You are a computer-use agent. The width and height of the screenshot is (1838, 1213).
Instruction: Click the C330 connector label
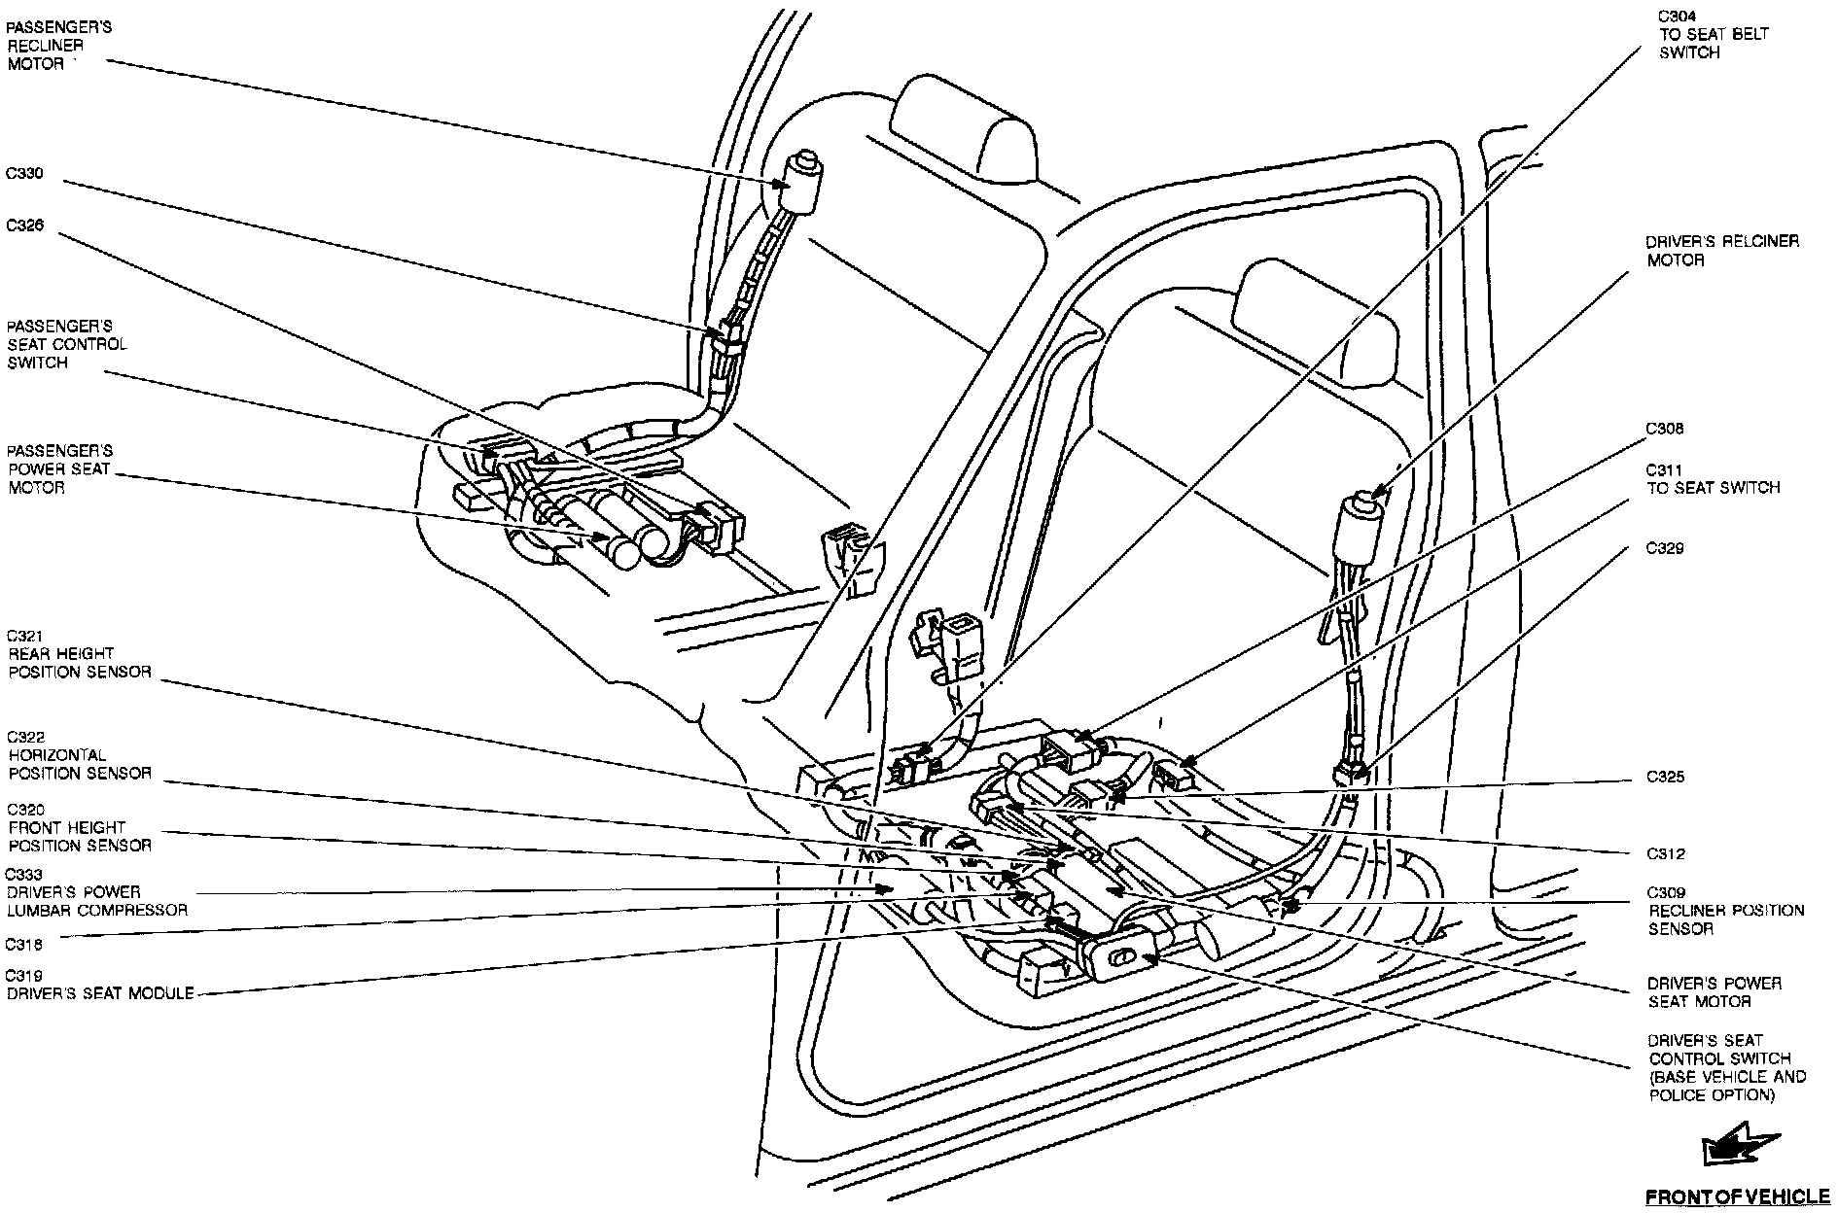26,175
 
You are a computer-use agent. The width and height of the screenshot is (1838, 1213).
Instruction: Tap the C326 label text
26,226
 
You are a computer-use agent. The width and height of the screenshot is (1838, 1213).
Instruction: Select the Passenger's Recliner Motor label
58,46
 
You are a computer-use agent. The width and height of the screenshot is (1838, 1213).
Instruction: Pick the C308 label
1664,429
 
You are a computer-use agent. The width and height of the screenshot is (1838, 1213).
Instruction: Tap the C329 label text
1664,548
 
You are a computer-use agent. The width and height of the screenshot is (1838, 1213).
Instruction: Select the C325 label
1665,778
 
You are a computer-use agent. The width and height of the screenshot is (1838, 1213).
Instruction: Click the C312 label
1665,854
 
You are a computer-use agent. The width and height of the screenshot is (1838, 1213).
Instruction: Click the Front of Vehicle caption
1729,1196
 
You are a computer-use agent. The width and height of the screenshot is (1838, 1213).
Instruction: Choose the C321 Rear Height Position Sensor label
79,654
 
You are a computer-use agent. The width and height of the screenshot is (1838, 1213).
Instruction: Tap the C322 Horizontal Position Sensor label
79,755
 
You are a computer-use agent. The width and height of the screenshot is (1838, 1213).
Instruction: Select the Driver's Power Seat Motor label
1714,992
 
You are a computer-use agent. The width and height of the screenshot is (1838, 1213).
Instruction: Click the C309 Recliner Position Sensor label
1724,911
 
